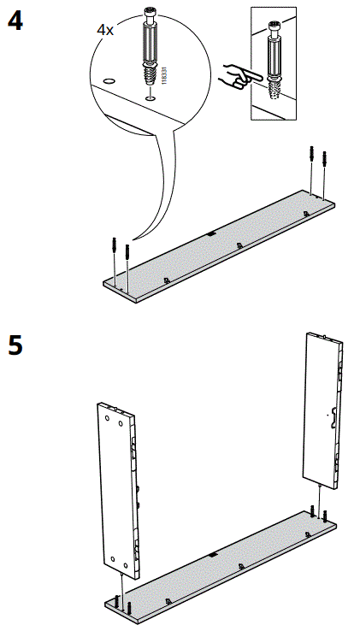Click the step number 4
[15, 20]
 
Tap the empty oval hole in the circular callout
[109, 80]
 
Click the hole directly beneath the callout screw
[150, 98]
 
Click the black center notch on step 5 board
[211, 556]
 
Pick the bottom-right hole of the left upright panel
[125, 565]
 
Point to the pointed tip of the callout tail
[133, 237]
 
